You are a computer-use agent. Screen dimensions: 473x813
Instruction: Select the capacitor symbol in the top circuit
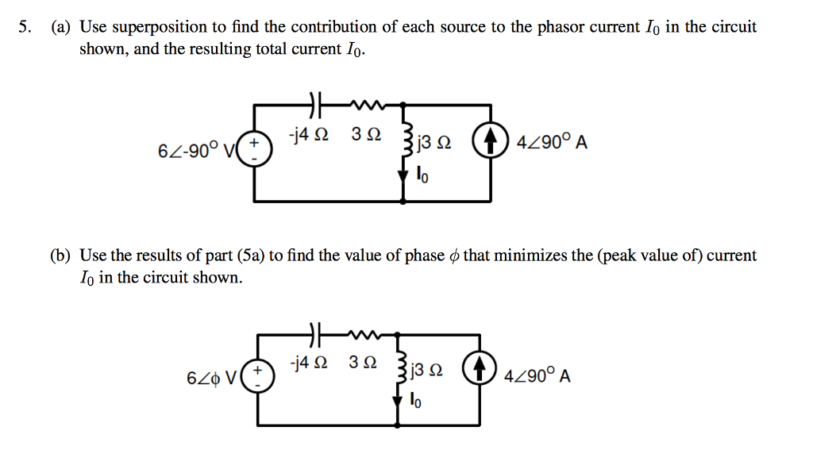[x=314, y=103]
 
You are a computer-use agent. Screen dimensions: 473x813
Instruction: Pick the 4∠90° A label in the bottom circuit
[x=538, y=375]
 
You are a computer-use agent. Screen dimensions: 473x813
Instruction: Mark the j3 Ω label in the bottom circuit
[x=430, y=371]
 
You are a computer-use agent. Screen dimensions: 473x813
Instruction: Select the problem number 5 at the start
[x=25, y=27]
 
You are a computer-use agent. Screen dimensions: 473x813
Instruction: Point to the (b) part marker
[x=60, y=256]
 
